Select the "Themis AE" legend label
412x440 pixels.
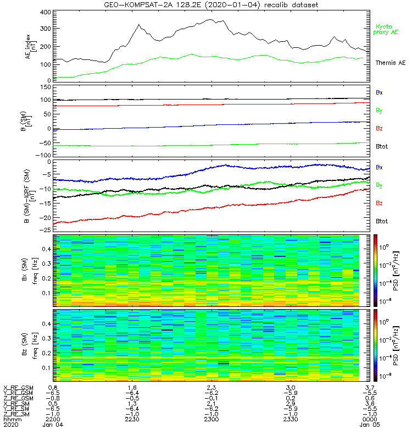[x=390, y=63]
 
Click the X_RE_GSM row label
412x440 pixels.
[x=18, y=388]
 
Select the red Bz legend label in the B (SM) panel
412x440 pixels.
[x=379, y=128]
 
